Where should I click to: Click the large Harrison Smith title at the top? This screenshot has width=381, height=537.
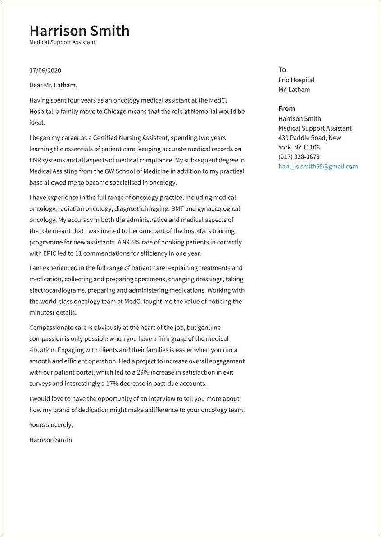click(79, 31)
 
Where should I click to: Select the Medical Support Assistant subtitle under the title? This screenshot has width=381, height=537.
click(62, 42)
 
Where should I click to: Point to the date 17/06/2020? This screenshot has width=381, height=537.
click(45, 71)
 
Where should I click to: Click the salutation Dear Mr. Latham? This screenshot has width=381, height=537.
click(53, 85)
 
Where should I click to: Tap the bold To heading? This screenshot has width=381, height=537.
click(282, 70)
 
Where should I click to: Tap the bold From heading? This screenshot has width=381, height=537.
click(286, 108)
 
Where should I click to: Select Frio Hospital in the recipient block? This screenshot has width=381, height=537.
click(296, 80)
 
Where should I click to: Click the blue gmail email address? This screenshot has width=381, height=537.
click(318, 167)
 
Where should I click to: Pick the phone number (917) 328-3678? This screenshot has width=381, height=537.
click(299, 157)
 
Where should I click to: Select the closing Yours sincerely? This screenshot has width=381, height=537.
click(51, 425)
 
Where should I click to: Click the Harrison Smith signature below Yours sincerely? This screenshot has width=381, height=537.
click(50, 440)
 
